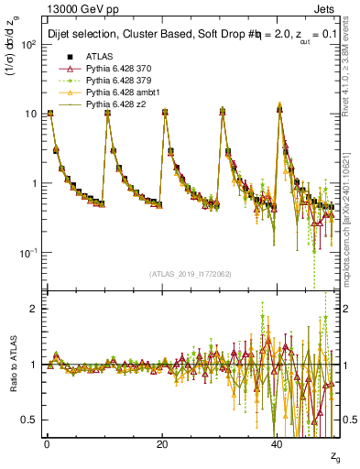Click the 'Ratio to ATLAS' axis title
point(12,365)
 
